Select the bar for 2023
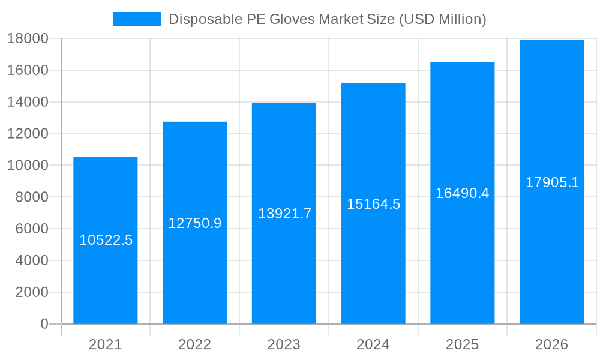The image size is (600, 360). [284, 270]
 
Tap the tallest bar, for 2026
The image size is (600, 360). [551, 252]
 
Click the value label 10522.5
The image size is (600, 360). [106, 240]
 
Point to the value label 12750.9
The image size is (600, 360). [194, 223]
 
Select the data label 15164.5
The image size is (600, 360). [373, 204]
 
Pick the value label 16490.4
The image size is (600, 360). [462, 193]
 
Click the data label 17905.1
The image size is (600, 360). [552, 182]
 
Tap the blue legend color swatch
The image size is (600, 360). [137, 19]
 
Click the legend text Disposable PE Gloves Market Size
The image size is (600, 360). [327, 19]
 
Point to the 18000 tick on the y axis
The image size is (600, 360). [28, 39]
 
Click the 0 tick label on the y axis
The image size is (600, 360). [44, 324]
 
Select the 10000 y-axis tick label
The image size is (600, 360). [28, 166]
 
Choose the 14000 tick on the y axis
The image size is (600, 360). [28, 102]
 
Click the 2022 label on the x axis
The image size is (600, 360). [194, 344]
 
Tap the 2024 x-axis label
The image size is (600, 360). [373, 344]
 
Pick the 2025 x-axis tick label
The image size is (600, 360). [462, 344]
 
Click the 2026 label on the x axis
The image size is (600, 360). [551, 344]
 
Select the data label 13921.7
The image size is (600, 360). [284, 214]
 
